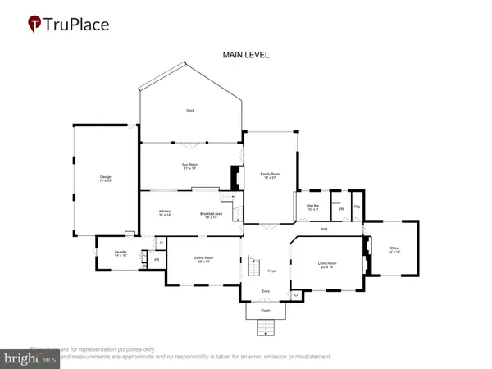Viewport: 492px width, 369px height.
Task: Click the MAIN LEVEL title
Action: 246,55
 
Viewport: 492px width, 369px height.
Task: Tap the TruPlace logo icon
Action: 34,24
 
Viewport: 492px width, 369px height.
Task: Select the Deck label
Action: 189,109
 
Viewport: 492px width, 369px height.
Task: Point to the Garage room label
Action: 106,179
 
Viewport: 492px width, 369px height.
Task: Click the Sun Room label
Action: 191,166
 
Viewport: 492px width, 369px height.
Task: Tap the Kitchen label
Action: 164,213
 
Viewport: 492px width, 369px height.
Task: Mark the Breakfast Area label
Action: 212,216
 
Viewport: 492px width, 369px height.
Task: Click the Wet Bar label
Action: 312,207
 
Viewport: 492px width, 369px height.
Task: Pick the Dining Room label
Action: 203,260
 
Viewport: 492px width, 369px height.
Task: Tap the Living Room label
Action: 328,264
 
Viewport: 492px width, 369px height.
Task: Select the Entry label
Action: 266,292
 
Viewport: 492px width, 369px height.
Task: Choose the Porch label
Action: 265,312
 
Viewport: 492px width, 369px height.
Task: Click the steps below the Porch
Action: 265,329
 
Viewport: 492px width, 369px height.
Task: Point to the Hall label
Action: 324,228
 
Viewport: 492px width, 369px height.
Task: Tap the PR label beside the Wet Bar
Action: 341,209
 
